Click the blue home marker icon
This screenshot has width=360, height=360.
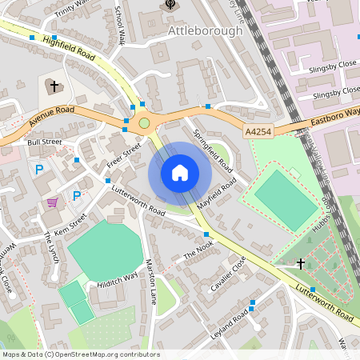[x=180, y=172]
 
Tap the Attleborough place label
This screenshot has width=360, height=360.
[x=206, y=30]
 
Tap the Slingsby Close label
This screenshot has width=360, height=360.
[x=332, y=67]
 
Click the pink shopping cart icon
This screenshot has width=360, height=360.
[x=53, y=202]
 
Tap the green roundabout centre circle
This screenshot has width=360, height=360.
[x=144, y=123]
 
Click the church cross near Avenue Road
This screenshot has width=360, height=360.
[x=54, y=85]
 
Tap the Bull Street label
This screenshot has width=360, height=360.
[x=44, y=142]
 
